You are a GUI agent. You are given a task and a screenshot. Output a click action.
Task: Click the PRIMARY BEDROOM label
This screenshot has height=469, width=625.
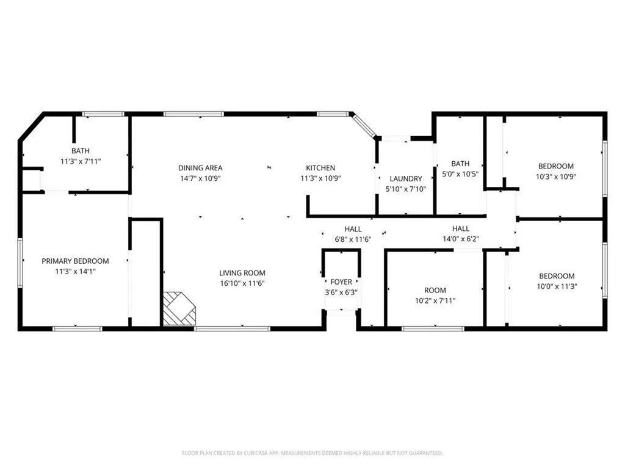click(x=75, y=261)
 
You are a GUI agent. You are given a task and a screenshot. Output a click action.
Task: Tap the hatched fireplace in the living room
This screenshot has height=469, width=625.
click(x=179, y=308)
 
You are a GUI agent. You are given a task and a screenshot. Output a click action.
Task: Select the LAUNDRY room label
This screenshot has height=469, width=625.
click(x=406, y=178)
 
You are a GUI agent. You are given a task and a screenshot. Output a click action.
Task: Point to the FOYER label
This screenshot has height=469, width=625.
click(x=341, y=282)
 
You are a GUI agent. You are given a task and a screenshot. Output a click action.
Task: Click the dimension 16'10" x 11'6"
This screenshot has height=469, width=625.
click(x=242, y=283)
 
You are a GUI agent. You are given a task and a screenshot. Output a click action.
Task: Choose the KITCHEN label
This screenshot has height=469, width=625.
click(x=320, y=168)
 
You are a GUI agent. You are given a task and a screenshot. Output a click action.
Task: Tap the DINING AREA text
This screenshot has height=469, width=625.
click(x=200, y=168)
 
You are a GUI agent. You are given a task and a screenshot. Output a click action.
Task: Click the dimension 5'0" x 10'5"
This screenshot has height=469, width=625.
click(x=460, y=173)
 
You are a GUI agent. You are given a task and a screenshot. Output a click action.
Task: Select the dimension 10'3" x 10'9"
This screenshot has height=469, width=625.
click(x=555, y=176)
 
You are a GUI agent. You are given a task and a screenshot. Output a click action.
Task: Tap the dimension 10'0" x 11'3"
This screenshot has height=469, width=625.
click(x=555, y=286)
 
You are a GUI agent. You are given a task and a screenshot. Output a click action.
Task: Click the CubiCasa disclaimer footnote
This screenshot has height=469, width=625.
click(x=312, y=453)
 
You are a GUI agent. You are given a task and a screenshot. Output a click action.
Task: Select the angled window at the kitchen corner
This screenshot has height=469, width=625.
click(x=365, y=126)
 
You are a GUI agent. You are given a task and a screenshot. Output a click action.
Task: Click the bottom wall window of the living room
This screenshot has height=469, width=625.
click(x=232, y=329)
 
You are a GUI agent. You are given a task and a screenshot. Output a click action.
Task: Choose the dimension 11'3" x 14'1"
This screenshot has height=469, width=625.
click(x=75, y=271)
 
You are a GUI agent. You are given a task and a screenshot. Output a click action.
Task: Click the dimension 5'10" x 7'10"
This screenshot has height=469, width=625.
click(x=406, y=189)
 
